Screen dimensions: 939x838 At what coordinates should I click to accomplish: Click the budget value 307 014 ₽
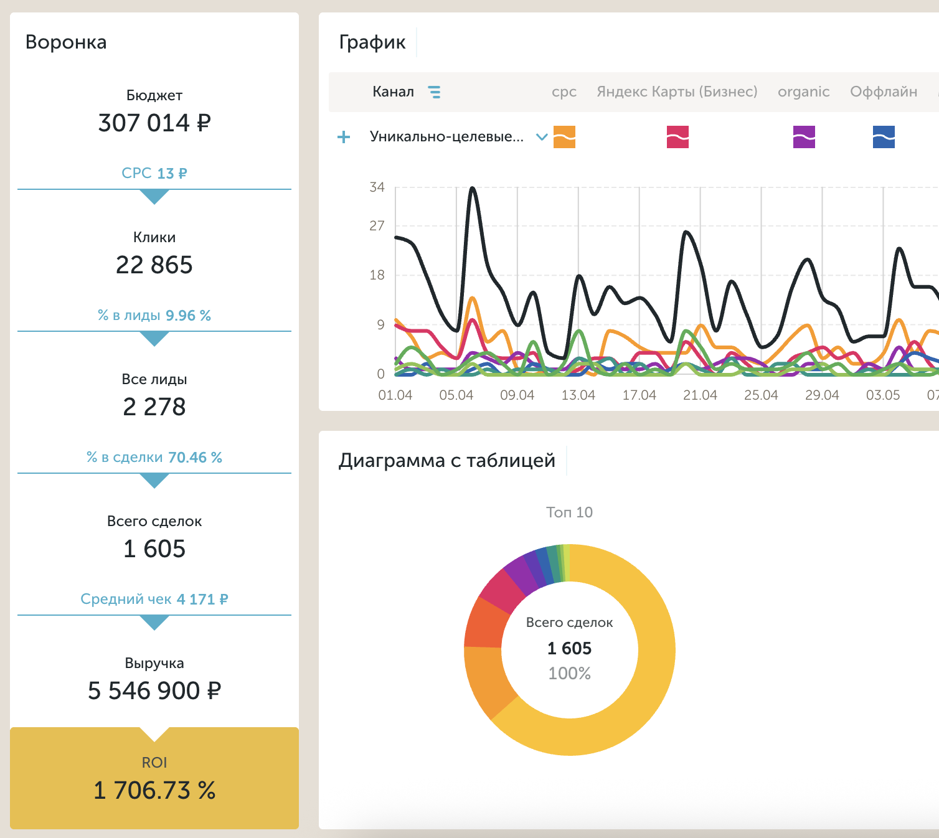coord(154,123)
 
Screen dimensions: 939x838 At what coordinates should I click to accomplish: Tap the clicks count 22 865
coord(154,265)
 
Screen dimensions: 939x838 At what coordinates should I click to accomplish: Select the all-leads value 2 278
coord(154,407)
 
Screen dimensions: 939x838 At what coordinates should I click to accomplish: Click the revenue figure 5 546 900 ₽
coord(154,690)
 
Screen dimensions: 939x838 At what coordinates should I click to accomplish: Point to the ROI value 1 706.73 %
coord(154,790)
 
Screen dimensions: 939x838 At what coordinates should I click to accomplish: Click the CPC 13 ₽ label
coord(154,173)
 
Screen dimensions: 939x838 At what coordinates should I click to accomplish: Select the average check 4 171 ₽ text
coord(154,600)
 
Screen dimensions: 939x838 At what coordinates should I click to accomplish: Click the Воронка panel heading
coord(66,42)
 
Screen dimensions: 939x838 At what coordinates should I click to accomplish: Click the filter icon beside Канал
coord(434,92)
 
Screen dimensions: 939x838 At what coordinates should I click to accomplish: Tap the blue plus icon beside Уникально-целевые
coord(344,137)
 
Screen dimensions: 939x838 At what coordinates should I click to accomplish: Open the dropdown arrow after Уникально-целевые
coord(542,137)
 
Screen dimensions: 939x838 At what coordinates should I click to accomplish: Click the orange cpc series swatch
coord(564,137)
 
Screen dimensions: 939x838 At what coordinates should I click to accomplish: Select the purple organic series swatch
coord(804,137)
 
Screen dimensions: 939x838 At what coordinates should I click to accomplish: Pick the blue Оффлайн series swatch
coord(884,137)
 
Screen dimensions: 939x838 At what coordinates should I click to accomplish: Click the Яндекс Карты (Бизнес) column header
coord(677,92)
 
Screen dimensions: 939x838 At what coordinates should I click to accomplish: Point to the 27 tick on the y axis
coord(377,226)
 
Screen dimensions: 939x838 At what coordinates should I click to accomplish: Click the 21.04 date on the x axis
coord(700,395)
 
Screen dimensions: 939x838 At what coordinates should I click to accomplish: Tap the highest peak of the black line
coord(472,188)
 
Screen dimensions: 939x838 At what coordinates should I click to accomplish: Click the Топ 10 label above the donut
coord(569,512)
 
